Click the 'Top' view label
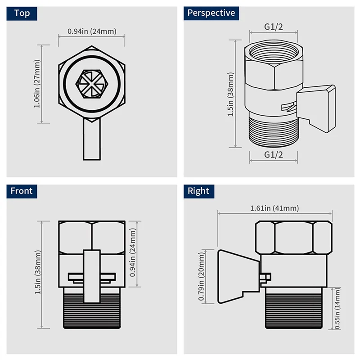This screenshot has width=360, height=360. coord(22,13)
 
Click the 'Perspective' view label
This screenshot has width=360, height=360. coord(211,13)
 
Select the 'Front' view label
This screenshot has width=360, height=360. coord(22,191)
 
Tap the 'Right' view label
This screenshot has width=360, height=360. coord(198,191)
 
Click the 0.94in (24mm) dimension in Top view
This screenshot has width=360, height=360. coord(92,31)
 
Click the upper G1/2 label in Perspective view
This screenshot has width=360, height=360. coord(273,27)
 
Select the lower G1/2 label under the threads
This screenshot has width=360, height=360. coord(273,155)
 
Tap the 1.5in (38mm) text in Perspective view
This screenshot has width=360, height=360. coord(231,94)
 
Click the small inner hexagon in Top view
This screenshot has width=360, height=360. coord(92,82)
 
